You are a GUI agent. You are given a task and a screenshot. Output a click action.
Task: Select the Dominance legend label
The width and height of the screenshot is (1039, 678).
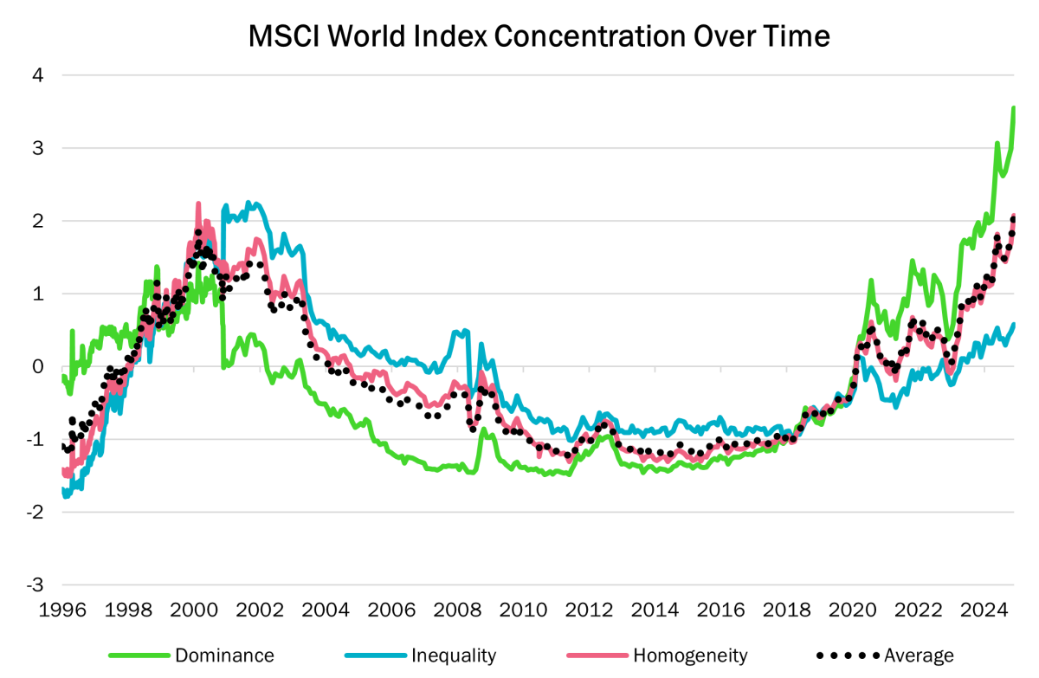pyautogui.click(x=224, y=655)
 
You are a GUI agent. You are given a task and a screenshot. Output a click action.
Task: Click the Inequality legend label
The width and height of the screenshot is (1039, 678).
pyautogui.click(x=453, y=655)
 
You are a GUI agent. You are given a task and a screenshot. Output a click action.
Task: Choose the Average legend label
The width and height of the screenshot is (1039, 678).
pyautogui.click(x=919, y=655)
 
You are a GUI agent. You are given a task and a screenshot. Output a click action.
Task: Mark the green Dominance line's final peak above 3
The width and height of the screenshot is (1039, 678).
pyautogui.click(x=1014, y=108)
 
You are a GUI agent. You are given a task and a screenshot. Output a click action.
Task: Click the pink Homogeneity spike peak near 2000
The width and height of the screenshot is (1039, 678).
pyautogui.click(x=198, y=203)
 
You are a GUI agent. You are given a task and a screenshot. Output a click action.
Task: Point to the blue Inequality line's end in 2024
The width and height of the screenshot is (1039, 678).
pyautogui.click(x=1014, y=325)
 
